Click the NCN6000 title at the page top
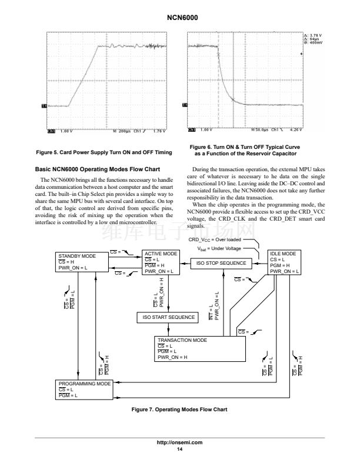tap(179, 18)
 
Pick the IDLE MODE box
tap(286, 262)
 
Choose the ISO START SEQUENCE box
tap(168, 317)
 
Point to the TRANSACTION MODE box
tap(199, 348)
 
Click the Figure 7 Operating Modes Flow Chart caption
tap(179, 409)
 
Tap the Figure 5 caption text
tap(104, 152)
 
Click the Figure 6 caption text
tap(255, 149)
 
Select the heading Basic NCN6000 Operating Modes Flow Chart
tap(98, 169)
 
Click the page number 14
tap(180, 450)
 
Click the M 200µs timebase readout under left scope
tap(124, 131)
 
